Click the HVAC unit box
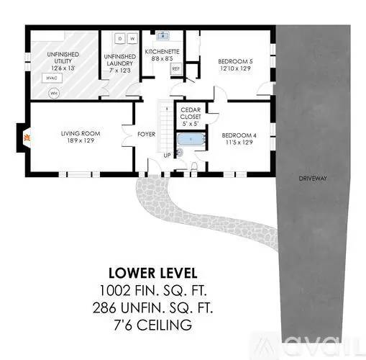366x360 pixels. point(52,78)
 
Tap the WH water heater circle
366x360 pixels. point(54,94)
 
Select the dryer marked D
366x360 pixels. point(120,38)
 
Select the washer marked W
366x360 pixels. point(132,38)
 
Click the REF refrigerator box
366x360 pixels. point(176,68)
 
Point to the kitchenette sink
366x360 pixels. point(163,35)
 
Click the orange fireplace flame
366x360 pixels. point(27,138)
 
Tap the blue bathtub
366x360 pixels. point(191,139)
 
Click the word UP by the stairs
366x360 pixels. point(167,156)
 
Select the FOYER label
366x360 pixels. point(146,134)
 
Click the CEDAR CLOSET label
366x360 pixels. point(191,113)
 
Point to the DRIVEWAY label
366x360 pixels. point(313,179)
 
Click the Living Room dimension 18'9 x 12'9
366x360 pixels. point(81,140)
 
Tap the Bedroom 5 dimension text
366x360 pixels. point(235,68)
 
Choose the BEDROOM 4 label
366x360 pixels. point(239,135)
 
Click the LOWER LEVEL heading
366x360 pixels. point(153,273)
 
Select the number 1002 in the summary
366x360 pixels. point(115,290)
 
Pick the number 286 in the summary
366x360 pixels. point(106,308)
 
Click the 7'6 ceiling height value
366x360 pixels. point(123,325)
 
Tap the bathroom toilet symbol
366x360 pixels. point(194,166)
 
